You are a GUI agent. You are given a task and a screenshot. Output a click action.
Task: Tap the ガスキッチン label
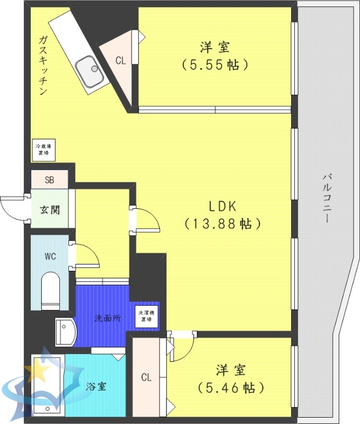click(x=43, y=65)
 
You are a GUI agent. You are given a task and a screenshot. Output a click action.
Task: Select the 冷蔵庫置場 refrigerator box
click(x=42, y=149)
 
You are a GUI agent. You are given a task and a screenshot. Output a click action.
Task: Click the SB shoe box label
click(x=49, y=180)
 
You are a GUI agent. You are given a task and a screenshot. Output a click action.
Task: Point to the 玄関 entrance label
click(x=49, y=209)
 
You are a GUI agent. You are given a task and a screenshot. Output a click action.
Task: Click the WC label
click(x=50, y=257)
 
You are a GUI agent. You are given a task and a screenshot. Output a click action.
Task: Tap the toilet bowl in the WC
click(x=51, y=289)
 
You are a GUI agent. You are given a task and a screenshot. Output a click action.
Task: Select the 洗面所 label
click(x=107, y=319)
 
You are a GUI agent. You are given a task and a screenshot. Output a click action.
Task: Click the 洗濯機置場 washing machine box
click(x=147, y=316)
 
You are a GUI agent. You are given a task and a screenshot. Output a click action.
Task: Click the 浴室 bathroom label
click(x=96, y=386)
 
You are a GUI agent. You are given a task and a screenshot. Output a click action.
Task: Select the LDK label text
click(x=222, y=206)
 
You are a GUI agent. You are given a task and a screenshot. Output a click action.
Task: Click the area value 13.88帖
click(x=223, y=224)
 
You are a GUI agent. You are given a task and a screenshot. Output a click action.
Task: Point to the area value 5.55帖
click(x=215, y=65)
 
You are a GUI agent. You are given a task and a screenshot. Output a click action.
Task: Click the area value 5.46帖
click(x=231, y=387)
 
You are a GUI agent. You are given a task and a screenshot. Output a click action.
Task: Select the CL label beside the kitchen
click(x=121, y=60)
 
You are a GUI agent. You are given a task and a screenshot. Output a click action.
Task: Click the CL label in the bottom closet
click(x=146, y=378)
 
